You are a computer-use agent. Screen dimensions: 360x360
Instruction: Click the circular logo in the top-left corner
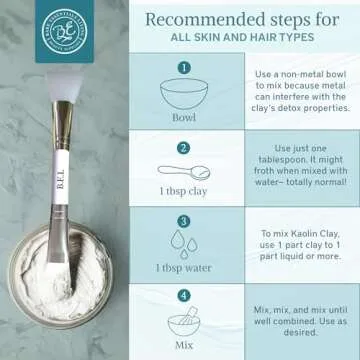30,29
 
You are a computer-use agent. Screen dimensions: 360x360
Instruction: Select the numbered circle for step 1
183,69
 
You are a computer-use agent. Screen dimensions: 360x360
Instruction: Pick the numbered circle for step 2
183,148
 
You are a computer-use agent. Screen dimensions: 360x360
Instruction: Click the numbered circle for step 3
183,221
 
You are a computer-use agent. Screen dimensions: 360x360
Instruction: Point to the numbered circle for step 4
183,295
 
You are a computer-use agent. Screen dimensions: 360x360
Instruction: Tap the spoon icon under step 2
183,172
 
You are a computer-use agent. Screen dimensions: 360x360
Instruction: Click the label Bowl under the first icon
183,115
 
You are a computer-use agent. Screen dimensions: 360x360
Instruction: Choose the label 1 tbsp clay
183,192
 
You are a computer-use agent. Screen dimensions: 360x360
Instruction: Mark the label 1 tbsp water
183,267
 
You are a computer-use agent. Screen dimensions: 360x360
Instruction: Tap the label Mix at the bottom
183,343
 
